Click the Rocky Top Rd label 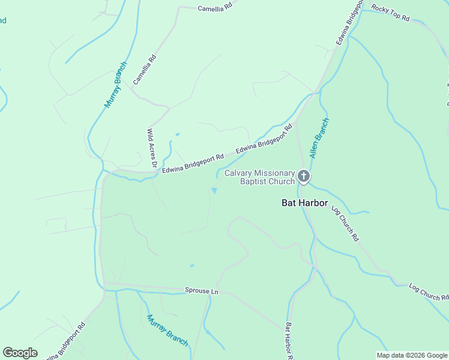pos(390,13)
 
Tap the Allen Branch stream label pos(319,137)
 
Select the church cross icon pos(304,176)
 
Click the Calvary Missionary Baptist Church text pos(260,177)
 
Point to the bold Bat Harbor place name pos(305,203)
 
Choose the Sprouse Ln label pos(202,291)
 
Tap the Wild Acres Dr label pos(152,148)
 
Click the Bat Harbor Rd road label pos(289,341)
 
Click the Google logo pos(20,353)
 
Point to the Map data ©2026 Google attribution pos(412,355)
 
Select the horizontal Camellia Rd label pos(215,8)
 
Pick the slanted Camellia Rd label pos(145,69)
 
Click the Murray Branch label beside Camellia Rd pos(116,85)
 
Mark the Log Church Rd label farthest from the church pos(429,292)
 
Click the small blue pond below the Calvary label pos(214,191)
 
